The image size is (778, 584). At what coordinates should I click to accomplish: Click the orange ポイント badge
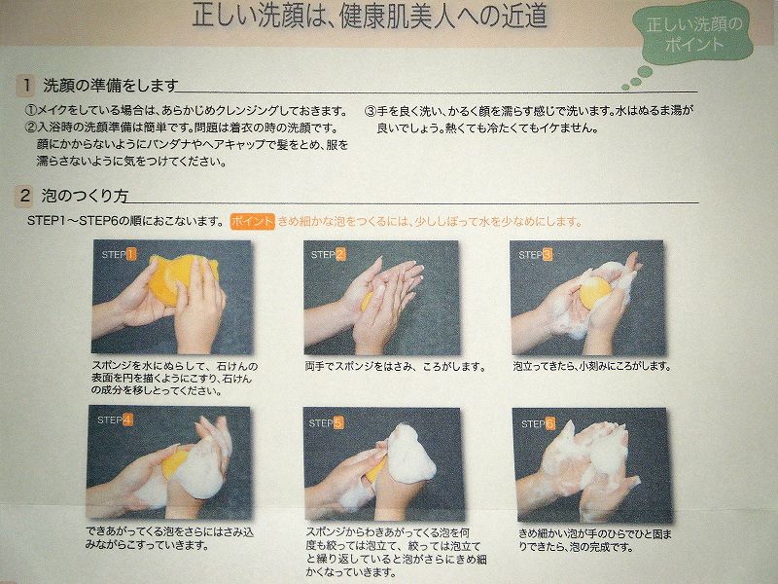(x=252, y=221)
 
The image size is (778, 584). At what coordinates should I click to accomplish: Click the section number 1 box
(x=26, y=86)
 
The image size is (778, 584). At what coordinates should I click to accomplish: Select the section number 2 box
(x=24, y=196)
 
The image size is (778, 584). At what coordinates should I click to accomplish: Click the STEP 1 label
(x=119, y=255)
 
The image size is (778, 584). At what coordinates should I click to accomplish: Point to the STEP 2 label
(x=328, y=255)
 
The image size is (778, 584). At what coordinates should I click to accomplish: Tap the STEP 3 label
(x=535, y=255)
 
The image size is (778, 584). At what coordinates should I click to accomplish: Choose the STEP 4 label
(x=115, y=420)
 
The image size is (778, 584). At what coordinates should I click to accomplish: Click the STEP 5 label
(x=326, y=423)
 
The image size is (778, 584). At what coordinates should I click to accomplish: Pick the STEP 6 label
(x=538, y=423)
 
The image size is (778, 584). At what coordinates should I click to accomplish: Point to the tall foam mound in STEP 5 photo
(x=410, y=455)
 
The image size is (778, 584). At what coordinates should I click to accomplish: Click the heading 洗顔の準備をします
(x=110, y=86)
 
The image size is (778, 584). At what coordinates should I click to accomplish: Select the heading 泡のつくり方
(x=85, y=196)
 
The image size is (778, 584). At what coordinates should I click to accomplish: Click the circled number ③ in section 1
(x=371, y=111)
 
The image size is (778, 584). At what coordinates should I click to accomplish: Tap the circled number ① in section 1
(x=31, y=110)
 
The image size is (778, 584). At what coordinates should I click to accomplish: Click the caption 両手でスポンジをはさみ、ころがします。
(x=396, y=367)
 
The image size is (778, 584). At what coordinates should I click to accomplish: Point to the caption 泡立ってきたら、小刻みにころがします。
(x=592, y=367)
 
